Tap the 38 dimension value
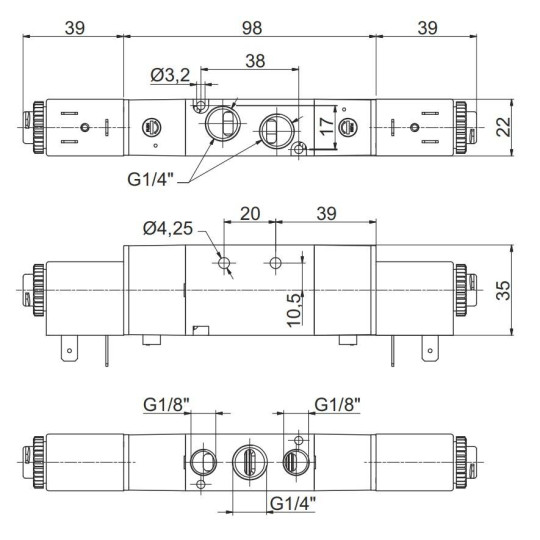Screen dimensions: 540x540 tap(255, 61)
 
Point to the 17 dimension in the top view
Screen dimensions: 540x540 tap(324, 127)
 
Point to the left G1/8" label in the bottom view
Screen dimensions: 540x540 tap(166, 405)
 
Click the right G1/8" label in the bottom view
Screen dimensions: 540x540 tap(337, 405)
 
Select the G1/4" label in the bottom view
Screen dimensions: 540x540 tap(293, 502)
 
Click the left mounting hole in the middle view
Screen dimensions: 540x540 tap(225, 263)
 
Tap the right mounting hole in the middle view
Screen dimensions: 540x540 tap(277, 263)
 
